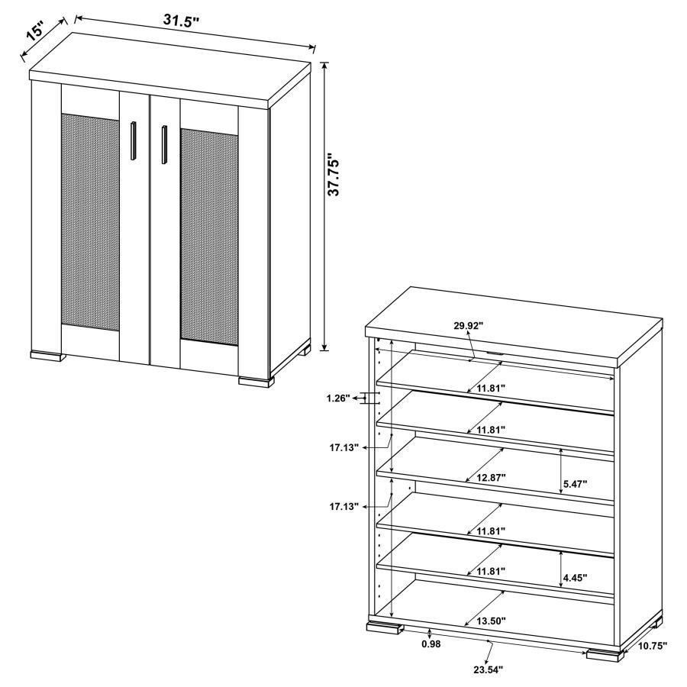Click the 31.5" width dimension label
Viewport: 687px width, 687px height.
(181, 20)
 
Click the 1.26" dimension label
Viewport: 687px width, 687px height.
(336, 398)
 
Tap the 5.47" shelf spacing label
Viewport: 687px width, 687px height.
(575, 483)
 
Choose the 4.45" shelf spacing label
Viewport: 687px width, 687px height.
(575, 578)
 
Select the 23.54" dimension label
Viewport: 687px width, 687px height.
(486, 669)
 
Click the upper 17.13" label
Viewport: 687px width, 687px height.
(345, 448)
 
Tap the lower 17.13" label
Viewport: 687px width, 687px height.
(345, 506)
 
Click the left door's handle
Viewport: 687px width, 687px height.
(133, 141)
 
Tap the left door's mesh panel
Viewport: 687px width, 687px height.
(90, 221)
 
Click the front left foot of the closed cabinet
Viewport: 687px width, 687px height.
(47, 354)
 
